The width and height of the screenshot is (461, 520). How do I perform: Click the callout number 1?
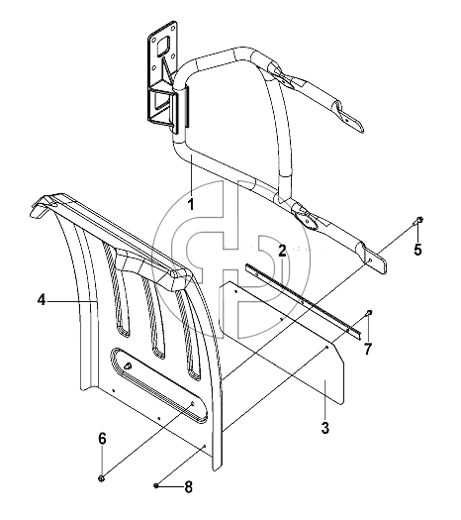click(191, 204)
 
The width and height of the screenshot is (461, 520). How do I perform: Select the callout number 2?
click(282, 251)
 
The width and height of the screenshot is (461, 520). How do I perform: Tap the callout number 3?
click(325, 428)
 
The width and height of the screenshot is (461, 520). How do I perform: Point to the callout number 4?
click(42, 300)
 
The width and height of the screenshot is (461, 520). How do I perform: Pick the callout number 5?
click(417, 249)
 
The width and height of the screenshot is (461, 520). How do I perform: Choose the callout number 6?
click(102, 439)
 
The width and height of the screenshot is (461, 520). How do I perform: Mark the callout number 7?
click(368, 349)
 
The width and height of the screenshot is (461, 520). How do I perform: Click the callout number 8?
click(188, 487)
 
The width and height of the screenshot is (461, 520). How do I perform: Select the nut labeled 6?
click(102, 478)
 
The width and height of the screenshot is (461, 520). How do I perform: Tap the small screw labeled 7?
click(369, 312)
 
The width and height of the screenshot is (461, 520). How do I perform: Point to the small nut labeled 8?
click(155, 486)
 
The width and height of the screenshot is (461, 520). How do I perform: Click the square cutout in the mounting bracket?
click(163, 46)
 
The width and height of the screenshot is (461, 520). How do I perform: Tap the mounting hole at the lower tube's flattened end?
click(370, 260)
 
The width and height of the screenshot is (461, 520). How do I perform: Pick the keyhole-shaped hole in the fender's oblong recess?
click(127, 365)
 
